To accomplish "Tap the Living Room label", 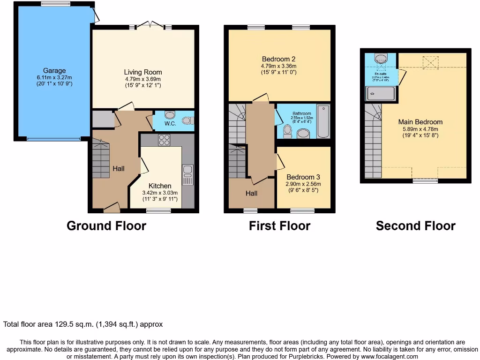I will click(143, 72).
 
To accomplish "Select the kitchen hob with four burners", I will click(165, 140).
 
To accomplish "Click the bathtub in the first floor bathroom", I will click(323, 121).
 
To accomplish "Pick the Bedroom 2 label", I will click(278, 59).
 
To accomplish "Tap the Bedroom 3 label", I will click(303, 177).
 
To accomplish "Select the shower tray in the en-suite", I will click(380, 94).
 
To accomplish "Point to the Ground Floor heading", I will click(106, 226).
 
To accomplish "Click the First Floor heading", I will click(279, 226).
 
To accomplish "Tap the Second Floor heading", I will click(415, 226).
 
